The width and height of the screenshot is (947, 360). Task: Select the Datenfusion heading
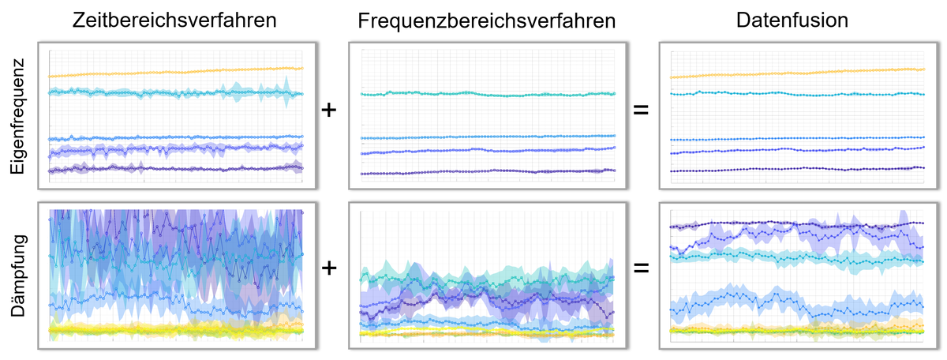click(x=793, y=21)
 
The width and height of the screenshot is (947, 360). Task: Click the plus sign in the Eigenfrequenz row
click(x=330, y=111)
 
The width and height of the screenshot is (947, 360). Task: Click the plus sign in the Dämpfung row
click(x=330, y=269)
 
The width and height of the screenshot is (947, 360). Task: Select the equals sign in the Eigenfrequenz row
click(x=642, y=111)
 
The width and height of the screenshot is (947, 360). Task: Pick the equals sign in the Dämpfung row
click(x=642, y=269)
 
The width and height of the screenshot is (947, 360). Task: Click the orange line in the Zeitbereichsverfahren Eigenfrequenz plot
click(x=174, y=73)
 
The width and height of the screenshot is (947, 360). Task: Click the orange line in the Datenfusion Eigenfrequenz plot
click(x=797, y=73)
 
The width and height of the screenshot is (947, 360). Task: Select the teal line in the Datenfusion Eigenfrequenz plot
click(x=797, y=93)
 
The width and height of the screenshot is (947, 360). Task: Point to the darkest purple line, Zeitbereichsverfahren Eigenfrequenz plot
click(x=174, y=168)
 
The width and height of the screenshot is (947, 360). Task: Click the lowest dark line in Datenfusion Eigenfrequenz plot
click(x=797, y=170)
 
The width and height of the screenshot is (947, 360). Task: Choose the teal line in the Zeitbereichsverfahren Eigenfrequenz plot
click(x=174, y=92)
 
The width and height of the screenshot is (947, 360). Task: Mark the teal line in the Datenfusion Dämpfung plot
click(x=797, y=257)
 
